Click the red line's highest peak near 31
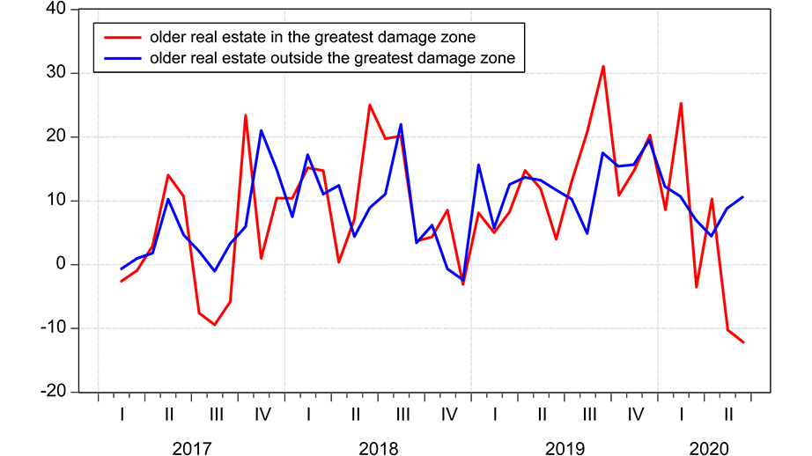coord(603,66)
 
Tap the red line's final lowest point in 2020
coord(743,342)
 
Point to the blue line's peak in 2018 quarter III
coord(401,124)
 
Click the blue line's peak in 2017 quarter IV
coord(261,130)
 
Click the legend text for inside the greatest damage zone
coord(313,38)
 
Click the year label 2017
coord(191,449)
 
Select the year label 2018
coord(378,449)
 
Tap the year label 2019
coord(565,449)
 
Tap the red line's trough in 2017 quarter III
coord(214,325)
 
